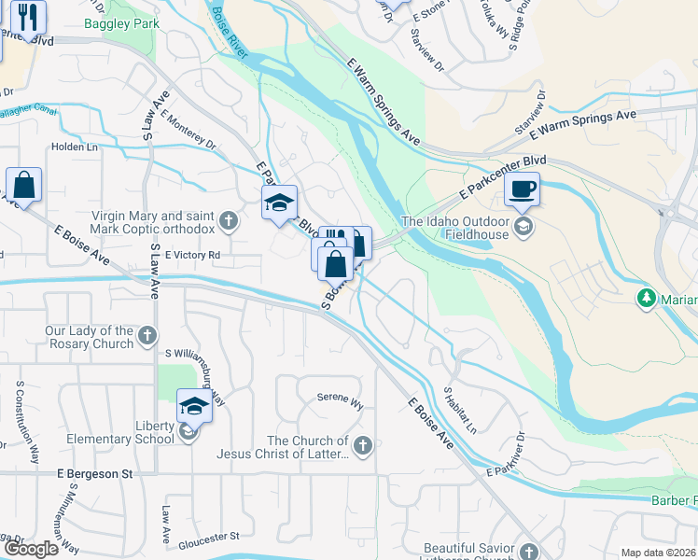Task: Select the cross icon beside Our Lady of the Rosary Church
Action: click(x=147, y=336)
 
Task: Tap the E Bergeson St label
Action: click(x=93, y=474)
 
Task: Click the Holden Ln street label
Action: click(x=75, y=147)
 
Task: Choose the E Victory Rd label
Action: click(x=192, y=255)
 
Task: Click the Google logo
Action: click(x=31, y=548)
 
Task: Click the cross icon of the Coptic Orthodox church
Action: click(x=230, y=221)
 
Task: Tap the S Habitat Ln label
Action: click(x=460, y=411)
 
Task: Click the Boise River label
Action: click(x=229, y=35)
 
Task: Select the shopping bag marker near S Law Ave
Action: click(x=24, y=185)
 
